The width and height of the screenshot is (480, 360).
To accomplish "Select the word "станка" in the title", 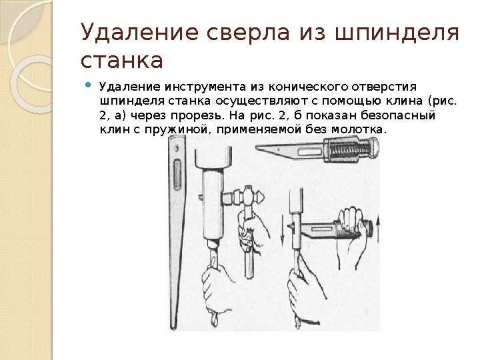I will [121, 61].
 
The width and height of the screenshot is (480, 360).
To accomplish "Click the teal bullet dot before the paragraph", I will [90, 86].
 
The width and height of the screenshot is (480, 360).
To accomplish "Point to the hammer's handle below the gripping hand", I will [249, 263].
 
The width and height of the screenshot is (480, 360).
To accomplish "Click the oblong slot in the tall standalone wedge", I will [177, 177].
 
